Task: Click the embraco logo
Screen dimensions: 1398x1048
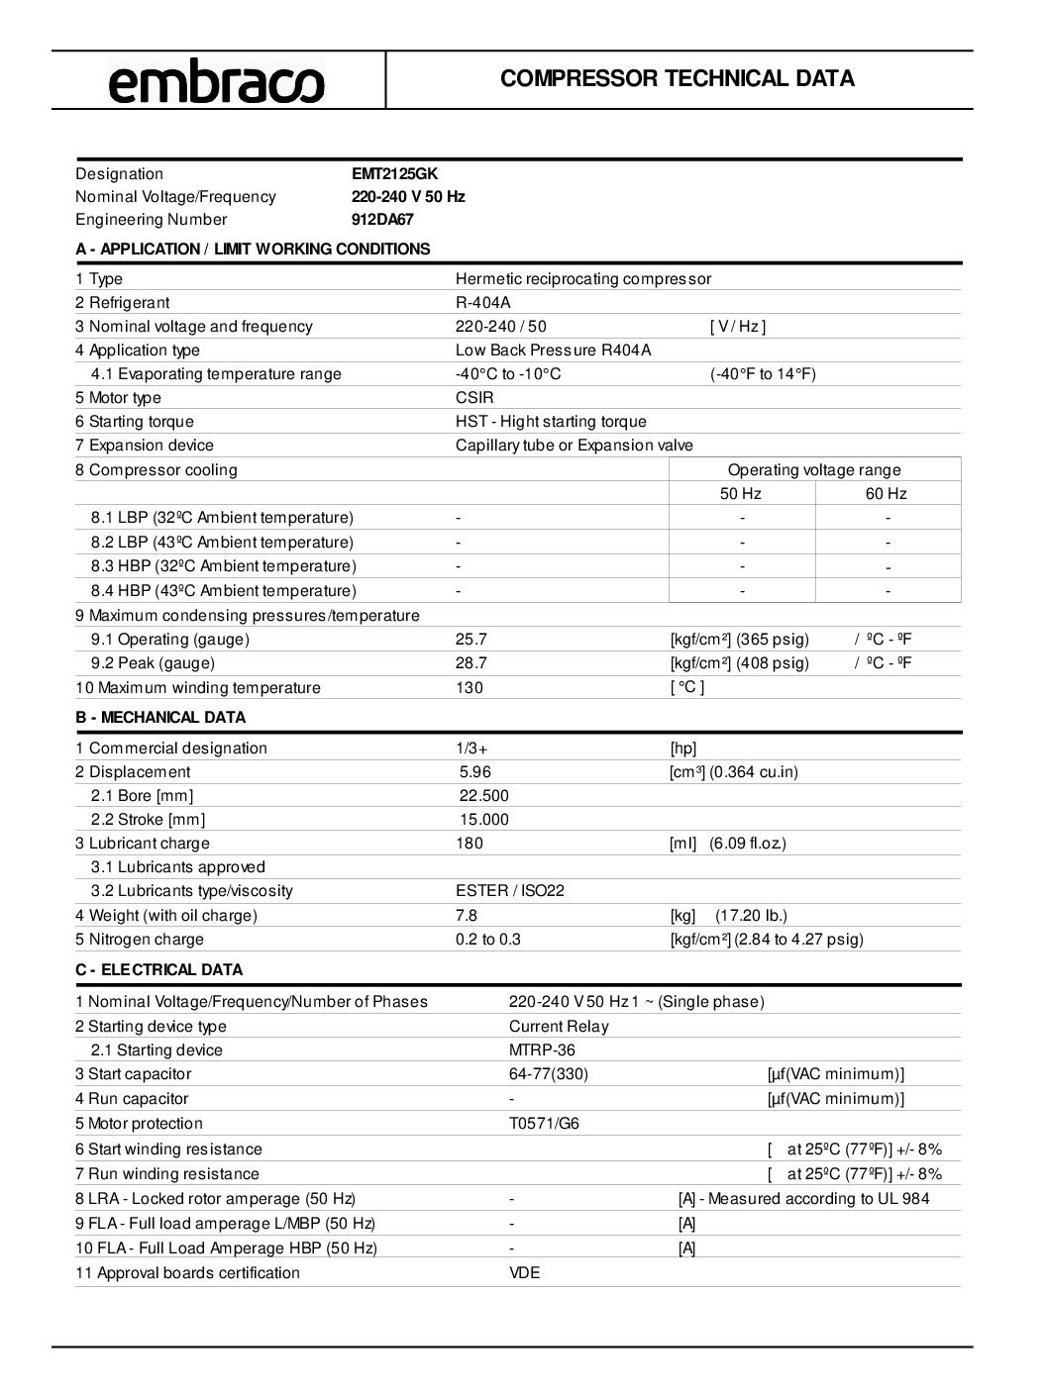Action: pos(216,81)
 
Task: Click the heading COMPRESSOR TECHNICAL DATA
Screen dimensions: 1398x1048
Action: pos(678,79)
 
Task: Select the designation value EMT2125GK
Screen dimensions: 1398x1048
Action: pos(394,173)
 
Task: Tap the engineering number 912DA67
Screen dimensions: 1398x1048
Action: pos(382,220)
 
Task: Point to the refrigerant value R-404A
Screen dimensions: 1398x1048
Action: pos(483,303)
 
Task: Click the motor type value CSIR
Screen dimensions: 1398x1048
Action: pos(474,398)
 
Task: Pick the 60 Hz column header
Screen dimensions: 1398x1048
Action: pos(887,494)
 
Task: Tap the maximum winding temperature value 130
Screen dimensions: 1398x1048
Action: pos(470,688)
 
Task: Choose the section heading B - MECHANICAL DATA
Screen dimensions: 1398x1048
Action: pos(160,718)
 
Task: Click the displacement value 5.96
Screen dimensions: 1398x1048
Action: pos(475,772)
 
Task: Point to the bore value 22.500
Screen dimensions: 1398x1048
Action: pos(484,796)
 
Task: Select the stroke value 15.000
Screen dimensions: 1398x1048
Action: pos(484,820)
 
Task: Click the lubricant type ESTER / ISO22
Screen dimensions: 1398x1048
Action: pos(510,891)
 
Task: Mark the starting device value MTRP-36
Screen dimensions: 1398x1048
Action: pos(542,1050)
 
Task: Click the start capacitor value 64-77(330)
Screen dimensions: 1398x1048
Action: pos(549,1074)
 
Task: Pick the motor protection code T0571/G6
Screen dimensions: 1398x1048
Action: pos(545,1124)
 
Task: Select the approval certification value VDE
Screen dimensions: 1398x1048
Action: pos(525,1273)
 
